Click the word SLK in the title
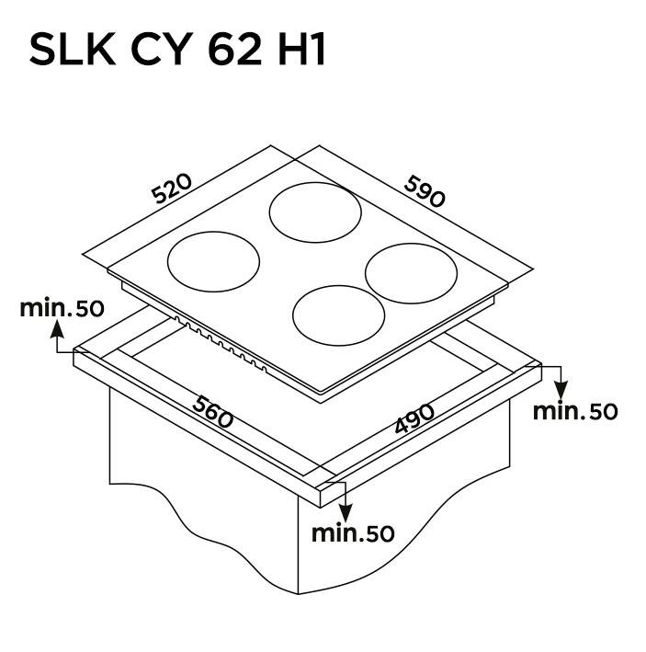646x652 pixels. tap(73, 50)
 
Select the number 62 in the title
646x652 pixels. tap(234, 50)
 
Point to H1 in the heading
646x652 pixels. tap(301, 50)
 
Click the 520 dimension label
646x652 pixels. tap(172, 189)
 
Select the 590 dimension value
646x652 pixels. tap(425, 191)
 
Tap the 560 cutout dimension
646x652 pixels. tap(212, 412)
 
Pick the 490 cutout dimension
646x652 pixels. tap(414, 418)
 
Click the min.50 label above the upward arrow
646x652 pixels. tap(62, 308)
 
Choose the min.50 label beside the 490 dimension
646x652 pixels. tap(575, 411)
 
